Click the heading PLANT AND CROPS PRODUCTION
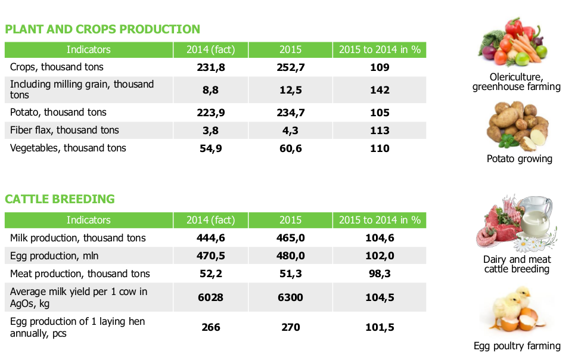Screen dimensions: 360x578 [x=102, y=29]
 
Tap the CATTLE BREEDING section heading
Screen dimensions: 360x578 [x=60, y=199]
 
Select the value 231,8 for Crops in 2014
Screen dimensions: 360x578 [x=211, y=67]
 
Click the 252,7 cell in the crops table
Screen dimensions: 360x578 [x=291, y=67]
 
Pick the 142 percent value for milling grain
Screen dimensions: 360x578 [x=380, y=90]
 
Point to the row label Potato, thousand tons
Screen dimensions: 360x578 [x=58, y=113]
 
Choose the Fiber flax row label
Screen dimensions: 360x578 [x=64, y=131]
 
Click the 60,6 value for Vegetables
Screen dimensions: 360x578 [x=291, y=148]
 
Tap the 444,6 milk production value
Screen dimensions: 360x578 [x=211, y=238]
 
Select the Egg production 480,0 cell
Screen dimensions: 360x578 [x=291, y=256]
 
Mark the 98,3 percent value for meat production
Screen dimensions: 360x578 [x=380, y=274]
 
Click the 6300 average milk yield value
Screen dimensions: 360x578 [x=291, y=297]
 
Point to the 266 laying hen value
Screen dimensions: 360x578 [x=211, y=327]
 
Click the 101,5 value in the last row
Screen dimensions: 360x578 [x=380, y=327]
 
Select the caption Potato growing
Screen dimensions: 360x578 [x=519, y=159]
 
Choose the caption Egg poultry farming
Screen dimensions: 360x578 [x=517, y=346]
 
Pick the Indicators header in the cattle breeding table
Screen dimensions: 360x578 [x=88, y=220]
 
